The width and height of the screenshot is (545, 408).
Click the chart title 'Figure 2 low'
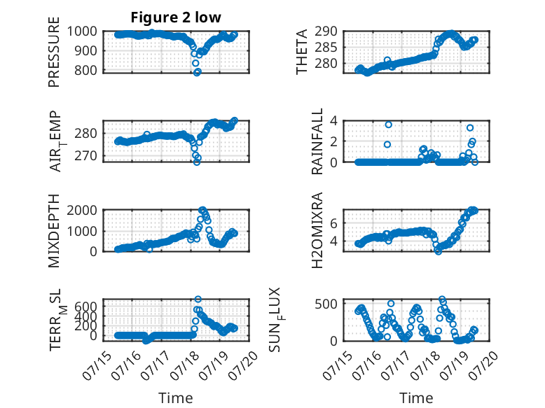pyautogui.click(x=176, y=17)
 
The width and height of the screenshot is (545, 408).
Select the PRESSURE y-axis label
pyautogui.click(x=54, y=52)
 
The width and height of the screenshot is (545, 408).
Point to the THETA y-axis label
pyautogui.click(x=302, y=52)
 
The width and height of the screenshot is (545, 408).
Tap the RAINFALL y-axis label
pyautogui.click(x=317, y=141)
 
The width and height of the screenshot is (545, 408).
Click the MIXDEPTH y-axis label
pyautogui.click(x=54, y=231)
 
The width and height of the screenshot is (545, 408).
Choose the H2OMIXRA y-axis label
pyautogui.click(x=317, y=230)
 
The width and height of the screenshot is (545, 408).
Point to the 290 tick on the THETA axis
pyautogui.click(x=326, y=31)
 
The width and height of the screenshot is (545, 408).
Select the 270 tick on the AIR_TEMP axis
pyautogui.click(x=85, y=156)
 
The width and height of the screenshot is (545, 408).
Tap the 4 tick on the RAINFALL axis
pyautogui.click(x=333, y=121)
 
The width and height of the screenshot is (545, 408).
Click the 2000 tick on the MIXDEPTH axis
pyautogui.click(x=82, y=211)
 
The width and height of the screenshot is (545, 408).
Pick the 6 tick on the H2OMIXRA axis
pyautogui.click(x=333, y=223)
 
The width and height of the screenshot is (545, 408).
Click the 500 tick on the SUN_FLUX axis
pyautogui.click(x=326, y=304)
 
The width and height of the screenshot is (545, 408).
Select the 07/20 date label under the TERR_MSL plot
pyautogui.click(x=246, y=364)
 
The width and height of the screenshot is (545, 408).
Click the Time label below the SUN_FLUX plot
pyautogui.click(x=416, y=398)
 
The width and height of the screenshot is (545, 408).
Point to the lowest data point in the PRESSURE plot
pyautogui.click(x=197, y=72)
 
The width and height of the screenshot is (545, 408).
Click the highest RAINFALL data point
pyautogui.click(x=389, y=125)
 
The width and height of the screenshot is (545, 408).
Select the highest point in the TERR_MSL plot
pyautogui.click(x=198, y=300)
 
